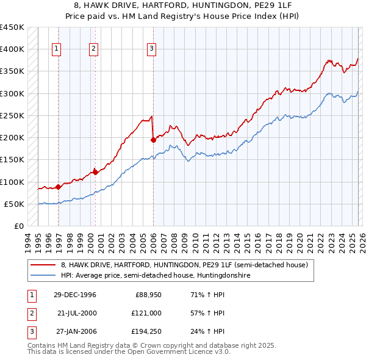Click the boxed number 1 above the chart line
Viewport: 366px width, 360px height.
56,49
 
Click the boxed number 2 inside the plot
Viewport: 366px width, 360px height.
93,49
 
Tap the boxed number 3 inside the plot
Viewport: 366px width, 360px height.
151,49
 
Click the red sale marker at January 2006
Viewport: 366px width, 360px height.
153,140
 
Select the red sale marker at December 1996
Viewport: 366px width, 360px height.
58,187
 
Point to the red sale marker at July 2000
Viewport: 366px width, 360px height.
95,172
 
